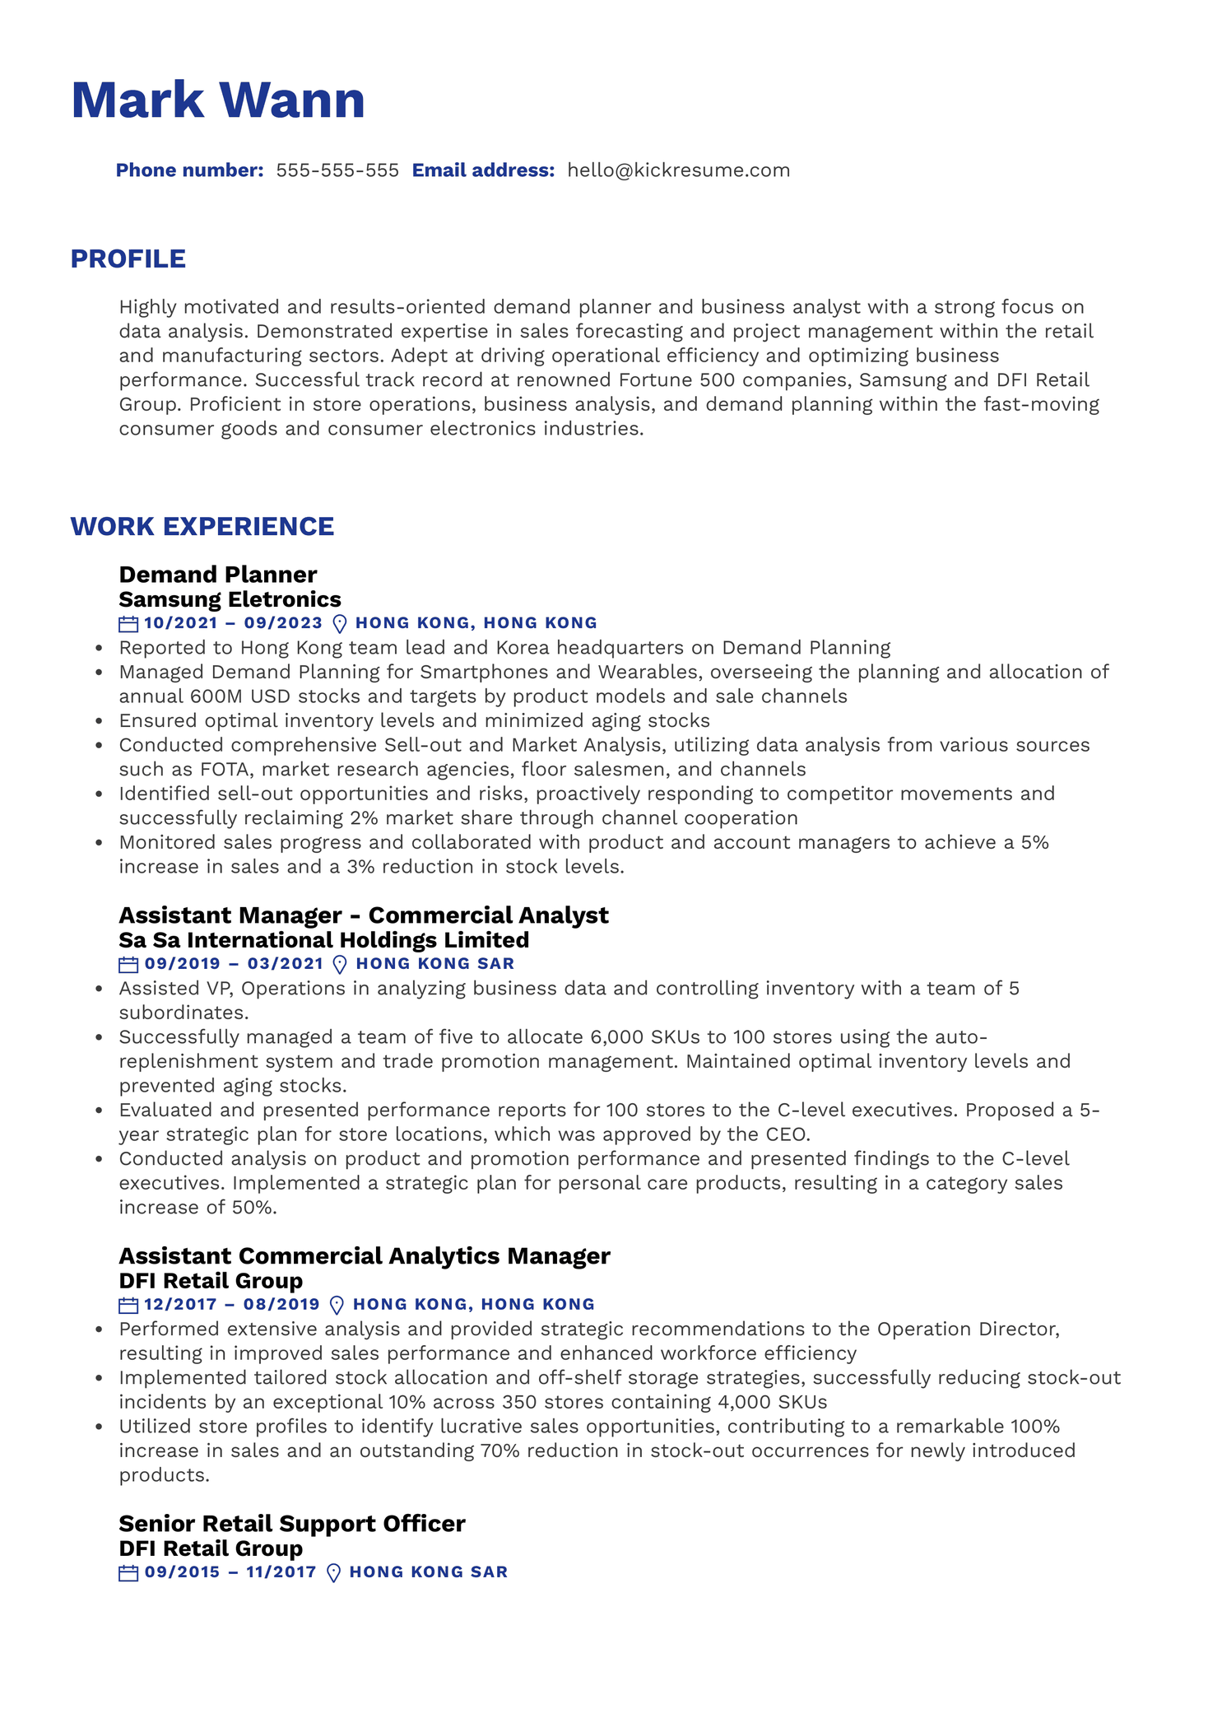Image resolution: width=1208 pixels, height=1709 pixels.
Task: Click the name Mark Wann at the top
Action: pos(218,100)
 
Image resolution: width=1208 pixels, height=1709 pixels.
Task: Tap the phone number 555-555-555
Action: pos(337,170)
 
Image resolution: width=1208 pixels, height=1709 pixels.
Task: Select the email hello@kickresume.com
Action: pos(678,170)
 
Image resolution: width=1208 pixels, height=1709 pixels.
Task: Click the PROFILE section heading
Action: pos(128,258)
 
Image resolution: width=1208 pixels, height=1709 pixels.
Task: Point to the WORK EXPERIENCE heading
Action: pos(202,526)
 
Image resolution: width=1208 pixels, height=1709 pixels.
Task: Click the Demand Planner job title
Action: pos(218,574)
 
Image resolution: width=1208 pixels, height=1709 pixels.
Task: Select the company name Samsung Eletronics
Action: pos(230,598)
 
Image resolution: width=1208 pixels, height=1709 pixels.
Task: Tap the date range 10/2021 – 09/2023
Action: pos(233,623)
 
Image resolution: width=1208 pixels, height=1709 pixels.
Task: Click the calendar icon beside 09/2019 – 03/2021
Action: pos(128,965)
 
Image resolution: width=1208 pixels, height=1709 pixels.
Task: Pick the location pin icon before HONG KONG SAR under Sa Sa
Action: pos(338,965)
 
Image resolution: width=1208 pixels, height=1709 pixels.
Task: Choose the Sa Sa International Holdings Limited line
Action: pos(323,939)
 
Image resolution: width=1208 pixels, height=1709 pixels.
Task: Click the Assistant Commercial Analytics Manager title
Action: pos(365,1255)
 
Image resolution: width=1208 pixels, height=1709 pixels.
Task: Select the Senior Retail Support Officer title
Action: pos(292,1523)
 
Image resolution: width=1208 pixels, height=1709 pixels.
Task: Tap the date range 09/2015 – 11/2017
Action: pos(230,1572)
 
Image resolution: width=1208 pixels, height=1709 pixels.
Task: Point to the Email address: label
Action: pos(483,170)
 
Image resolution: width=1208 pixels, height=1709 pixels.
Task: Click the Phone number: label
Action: pos(189,170)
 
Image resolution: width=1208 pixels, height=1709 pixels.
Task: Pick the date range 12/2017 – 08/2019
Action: pos(231,1305)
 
